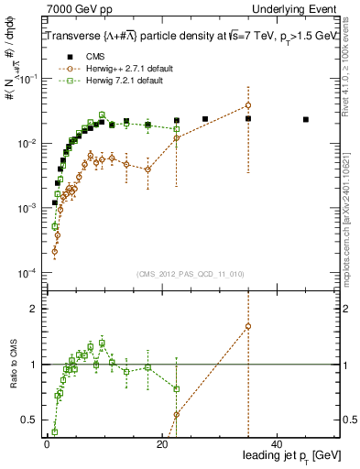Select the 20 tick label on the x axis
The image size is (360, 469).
point(162,443)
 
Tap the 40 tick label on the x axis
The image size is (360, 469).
point(278,443)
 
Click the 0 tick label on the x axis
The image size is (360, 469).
point(47,443)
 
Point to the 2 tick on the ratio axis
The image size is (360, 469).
point(31,308)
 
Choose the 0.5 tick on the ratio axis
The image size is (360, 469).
point(28,420)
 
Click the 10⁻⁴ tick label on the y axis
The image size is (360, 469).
point(25,273)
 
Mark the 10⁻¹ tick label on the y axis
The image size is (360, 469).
point(25,79)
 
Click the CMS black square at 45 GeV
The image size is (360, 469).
point(306,119)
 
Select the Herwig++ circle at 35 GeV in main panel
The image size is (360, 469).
point(248,105)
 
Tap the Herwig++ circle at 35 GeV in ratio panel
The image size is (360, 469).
point(248,326)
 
